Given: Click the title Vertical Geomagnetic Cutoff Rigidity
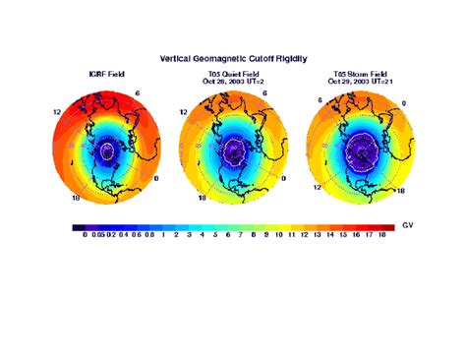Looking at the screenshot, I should [233, 59].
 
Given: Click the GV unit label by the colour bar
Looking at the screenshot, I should [408, 226].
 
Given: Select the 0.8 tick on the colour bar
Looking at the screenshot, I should [150, 236].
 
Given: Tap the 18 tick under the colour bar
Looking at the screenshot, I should [380, 236].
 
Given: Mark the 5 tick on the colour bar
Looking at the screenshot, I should [214, 236].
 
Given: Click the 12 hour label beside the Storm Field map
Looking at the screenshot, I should [317, 185].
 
